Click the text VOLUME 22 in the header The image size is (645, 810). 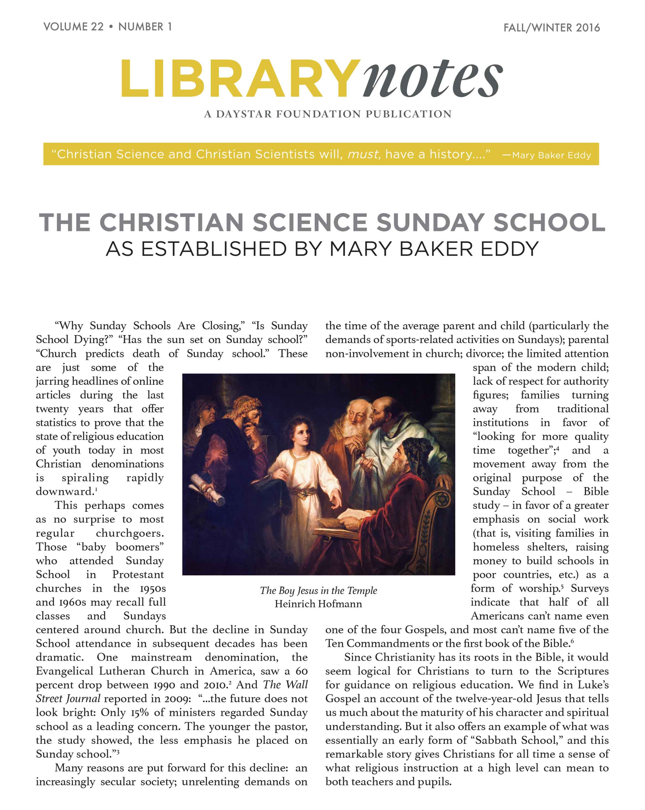point(73,27)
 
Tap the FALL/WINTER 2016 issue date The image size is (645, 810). point(551,28)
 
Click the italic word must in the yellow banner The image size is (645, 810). point(363,154)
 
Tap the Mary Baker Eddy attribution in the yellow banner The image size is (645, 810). point(551,155)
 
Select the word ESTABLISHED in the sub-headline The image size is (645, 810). point(214,249)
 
